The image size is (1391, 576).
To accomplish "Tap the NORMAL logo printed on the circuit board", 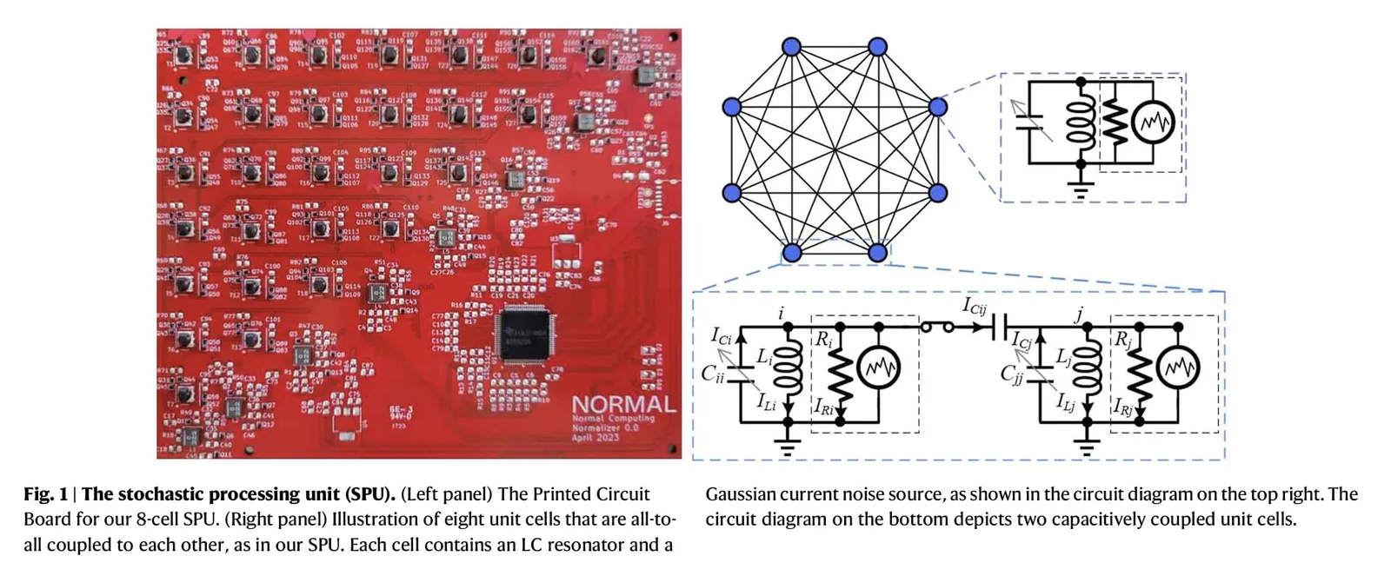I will click(623, 405).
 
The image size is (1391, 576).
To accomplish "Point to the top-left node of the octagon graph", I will click(791, 47).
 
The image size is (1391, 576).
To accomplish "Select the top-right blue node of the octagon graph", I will click(877, 47).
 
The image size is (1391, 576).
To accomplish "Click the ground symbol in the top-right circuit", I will click(1081, 190).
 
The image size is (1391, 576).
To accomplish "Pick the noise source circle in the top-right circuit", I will click(1154, 122).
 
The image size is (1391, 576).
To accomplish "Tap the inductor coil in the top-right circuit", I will click(1081, 122).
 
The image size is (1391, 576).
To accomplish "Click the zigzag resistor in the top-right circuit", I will click(1115, 122).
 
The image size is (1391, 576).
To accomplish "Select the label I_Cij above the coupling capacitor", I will click(975, 307).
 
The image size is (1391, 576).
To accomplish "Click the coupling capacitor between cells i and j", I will click(999, 328).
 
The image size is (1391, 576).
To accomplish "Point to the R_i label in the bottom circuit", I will click(822, 340).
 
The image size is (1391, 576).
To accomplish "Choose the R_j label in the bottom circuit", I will click(1123, 340).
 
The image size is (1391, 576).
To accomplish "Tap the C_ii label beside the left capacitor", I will click(712, 374).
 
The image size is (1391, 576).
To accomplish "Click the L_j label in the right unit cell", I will click(1063, 357).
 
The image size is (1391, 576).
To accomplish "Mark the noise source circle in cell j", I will click(1178, 368).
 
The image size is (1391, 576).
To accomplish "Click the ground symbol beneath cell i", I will click(788, 448).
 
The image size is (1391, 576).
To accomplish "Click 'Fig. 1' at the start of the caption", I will click(45, 494).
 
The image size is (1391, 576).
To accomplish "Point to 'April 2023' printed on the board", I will click(595, 437).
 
